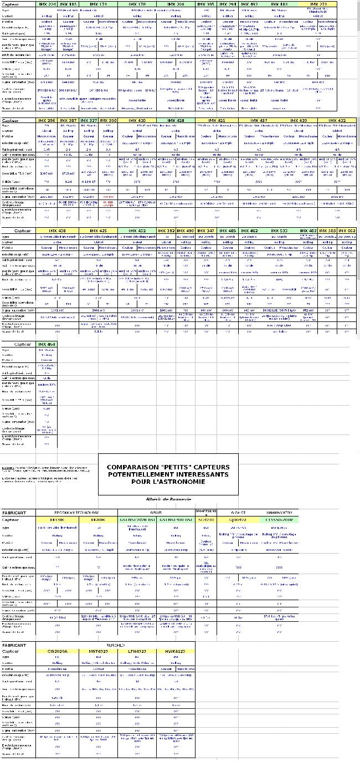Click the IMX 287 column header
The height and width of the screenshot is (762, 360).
tap(68, 120)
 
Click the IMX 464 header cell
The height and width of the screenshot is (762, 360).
tap(47, 344)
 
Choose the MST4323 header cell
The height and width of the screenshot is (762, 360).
tap(99, 651)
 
